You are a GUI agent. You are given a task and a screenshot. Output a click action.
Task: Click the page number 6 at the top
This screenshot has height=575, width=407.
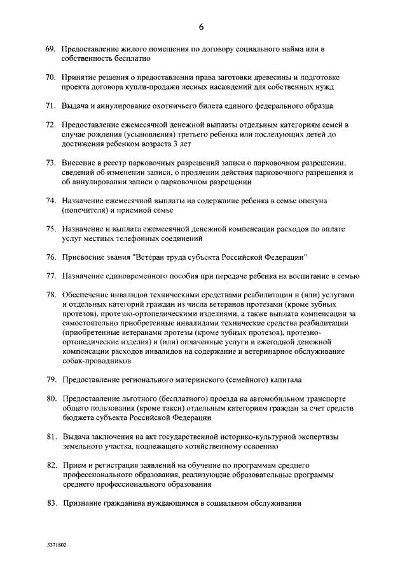pos(202,26)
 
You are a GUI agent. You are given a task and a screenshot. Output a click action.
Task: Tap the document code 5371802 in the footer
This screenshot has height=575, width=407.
pos(56,545)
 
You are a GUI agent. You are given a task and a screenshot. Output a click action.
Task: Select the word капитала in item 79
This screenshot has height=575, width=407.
pos(284,379)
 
